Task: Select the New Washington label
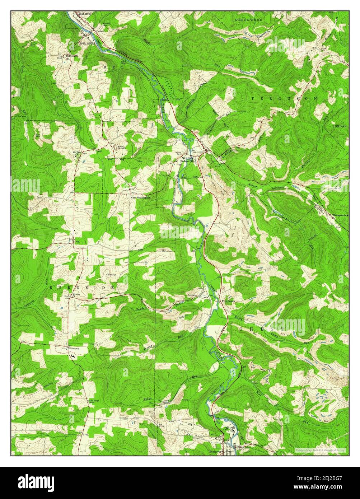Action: (140, 197)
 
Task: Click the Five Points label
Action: (228, 301)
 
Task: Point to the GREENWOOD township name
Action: (249, 20)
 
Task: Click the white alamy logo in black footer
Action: (37, 481)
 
